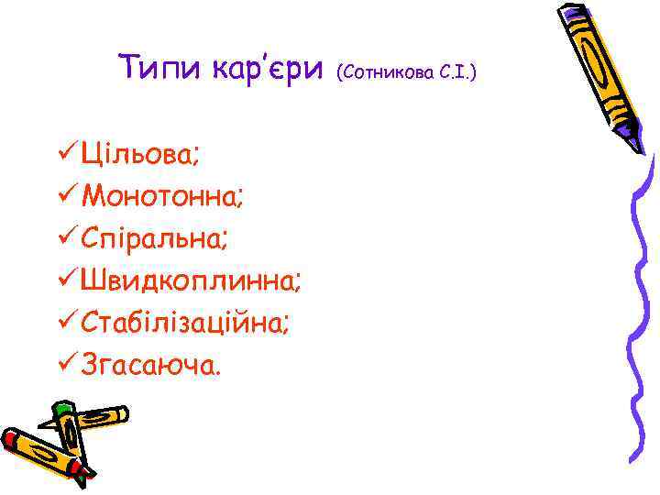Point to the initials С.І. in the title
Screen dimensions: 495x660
tap(458, 70)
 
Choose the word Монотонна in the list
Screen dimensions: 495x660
tap(161, 195)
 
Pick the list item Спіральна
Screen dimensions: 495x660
tap(154, 237)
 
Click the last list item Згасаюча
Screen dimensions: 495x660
tap(150, 366)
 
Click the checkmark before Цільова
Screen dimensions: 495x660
tap(64, 152)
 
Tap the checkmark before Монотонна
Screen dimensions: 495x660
tap(64, 195)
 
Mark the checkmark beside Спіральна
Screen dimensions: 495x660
tap(64, 237)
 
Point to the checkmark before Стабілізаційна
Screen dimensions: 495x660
tap(64, 323)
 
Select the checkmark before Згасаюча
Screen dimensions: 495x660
tap(64, 366)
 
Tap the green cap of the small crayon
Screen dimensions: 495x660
tap(63, 409)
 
